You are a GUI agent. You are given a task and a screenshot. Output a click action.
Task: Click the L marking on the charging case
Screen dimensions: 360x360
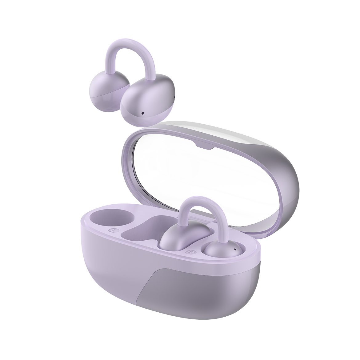click(x=113, y=230)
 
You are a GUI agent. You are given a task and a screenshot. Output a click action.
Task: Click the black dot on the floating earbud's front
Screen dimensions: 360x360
click(x=142, y=113)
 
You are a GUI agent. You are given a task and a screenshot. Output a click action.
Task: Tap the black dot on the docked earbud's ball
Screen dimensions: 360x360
click(x=235, y=249)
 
